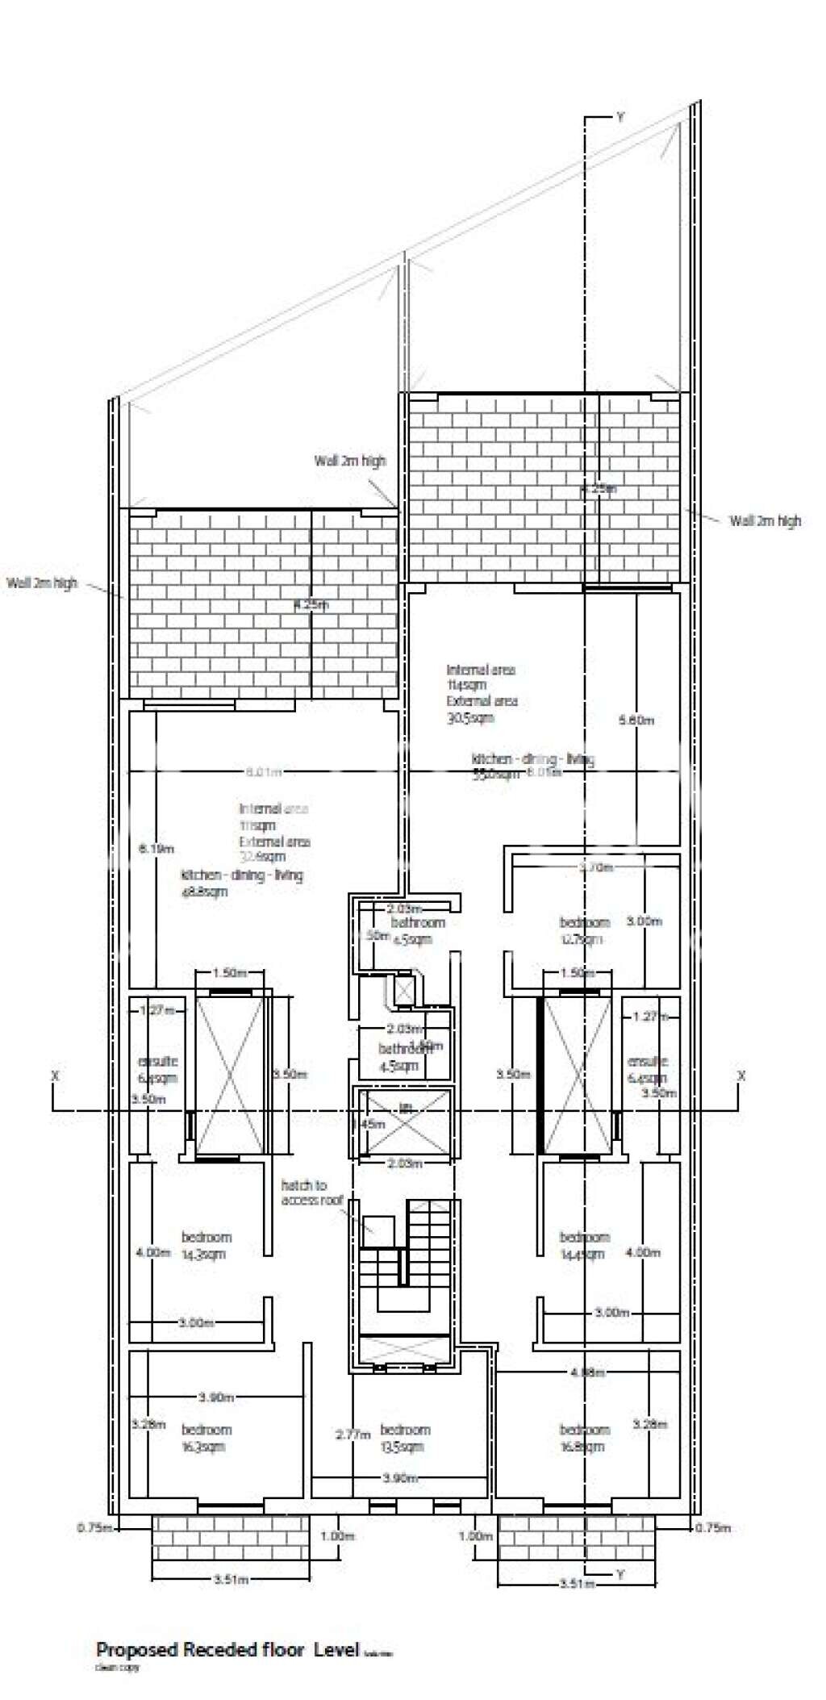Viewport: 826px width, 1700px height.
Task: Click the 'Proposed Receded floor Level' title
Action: pos(227,1649)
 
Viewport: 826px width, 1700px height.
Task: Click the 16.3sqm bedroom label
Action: pos(206,1438)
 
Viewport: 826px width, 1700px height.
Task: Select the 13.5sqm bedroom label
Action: pos(405,1438)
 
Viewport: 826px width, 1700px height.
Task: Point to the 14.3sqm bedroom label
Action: pos(206,1245)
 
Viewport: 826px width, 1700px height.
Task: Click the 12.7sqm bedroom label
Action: pos(584,930)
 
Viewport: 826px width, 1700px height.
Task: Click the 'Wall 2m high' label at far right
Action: pos(765,520)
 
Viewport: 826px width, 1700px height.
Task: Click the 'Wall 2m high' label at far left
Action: pos(42,583)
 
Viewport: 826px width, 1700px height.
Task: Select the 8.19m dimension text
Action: pos(156,849)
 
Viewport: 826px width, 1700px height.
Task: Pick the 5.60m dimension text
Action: pos(636,720)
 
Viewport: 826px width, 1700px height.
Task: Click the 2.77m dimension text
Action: pos(353,1435)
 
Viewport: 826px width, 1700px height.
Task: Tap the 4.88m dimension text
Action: pos(587,1372)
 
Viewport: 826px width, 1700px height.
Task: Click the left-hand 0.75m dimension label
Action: pos(94,1527)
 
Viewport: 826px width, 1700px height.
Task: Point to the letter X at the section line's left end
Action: pos(55,1076)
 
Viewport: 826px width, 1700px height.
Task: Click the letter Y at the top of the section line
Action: pos(619,117)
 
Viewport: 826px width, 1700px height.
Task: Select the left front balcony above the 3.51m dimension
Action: pos(231,1538)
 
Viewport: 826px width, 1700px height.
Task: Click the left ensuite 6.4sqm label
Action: pos(157,1070)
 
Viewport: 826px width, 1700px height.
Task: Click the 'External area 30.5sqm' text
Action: pos(482,709)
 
